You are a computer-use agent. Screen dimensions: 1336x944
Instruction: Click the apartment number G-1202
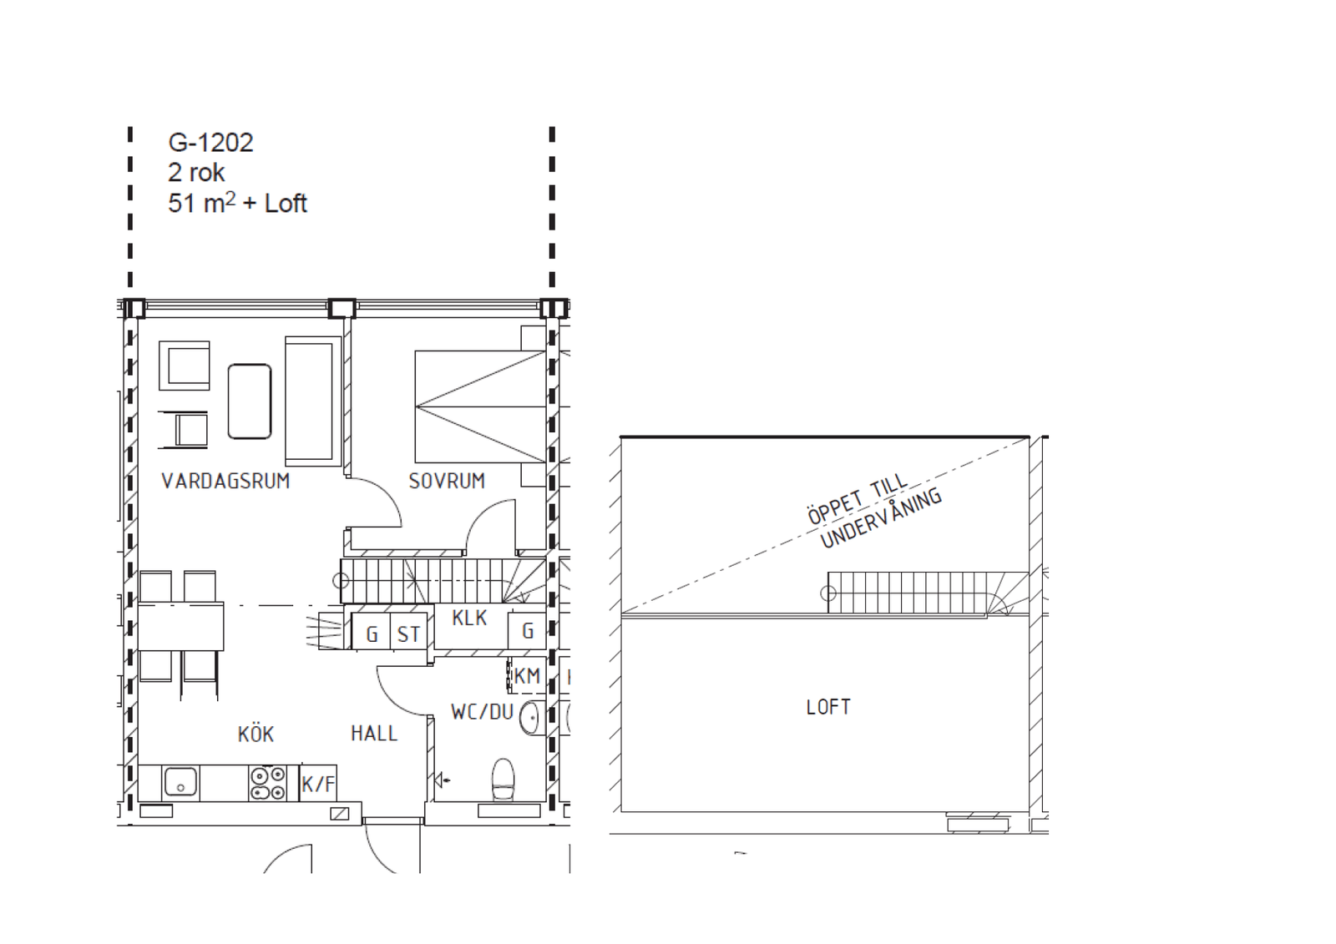[210, 143]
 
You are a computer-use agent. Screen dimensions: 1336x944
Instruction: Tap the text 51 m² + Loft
[237, 203]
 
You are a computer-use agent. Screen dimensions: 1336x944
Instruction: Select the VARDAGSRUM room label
[225, 481]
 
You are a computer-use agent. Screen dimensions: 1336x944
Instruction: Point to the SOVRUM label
[447, 481]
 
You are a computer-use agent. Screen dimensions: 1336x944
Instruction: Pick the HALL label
[374, 733]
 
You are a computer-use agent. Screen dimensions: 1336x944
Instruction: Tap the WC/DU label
[482, 711]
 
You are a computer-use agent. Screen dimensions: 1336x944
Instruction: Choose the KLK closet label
[469, 618]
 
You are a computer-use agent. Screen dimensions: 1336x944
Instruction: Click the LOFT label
[828, 707]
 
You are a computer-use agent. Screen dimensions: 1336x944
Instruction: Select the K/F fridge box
[318, 783]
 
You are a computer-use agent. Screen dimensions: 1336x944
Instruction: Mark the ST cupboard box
[408, 631]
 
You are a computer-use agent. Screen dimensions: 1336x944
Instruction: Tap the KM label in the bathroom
[527, 676]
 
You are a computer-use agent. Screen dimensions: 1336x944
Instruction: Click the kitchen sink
[180, 782]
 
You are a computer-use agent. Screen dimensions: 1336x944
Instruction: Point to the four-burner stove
[267, 783]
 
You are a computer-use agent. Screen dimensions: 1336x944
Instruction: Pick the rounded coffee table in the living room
[250, 401]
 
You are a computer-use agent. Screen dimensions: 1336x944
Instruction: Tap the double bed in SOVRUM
[481, 406]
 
